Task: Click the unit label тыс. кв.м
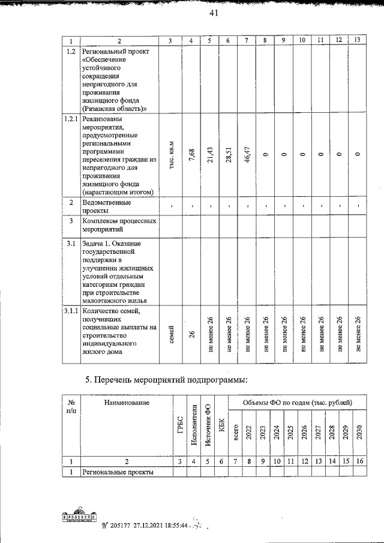coord(171,154)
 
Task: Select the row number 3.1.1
coord(71,311)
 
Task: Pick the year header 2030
coord(359,432)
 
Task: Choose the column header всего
coord(235,432)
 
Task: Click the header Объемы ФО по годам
coord(297,401)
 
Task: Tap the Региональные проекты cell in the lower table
coord(118,472)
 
